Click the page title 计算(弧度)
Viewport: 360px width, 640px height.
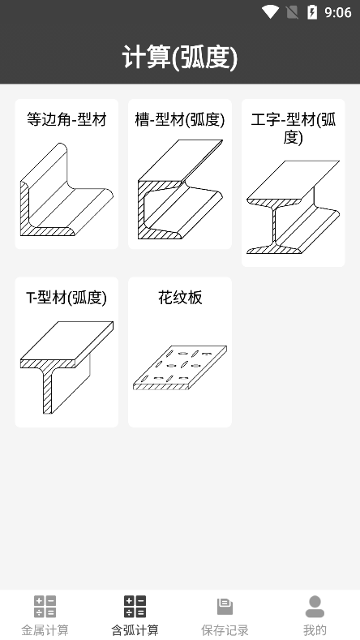[180, 57]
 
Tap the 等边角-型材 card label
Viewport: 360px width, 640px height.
[66, 119]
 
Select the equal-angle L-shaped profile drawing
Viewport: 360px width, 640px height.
[66, 189]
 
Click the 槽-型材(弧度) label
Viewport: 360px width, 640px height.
[180, 119]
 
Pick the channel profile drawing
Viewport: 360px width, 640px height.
[180, 189]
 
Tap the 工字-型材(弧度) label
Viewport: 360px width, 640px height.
[293, 128]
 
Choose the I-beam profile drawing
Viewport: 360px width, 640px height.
[293, 207]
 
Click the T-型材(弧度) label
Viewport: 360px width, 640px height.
[66, 298]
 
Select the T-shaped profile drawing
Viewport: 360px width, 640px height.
[66, 367]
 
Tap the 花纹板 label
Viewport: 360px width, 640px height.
[180, 298]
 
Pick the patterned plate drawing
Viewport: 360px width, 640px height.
[180, 367]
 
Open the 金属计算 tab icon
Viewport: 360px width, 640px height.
[45, 607]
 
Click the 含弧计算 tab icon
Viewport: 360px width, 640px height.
[135, 607]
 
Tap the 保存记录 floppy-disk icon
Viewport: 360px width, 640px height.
[225, 607]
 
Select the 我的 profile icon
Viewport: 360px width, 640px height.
[315, 607]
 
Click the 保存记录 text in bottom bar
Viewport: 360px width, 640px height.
[225, 629]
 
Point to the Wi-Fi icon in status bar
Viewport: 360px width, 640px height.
[270, 12]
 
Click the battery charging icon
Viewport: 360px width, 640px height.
[312, 12]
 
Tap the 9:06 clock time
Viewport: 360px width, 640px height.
[338, 13]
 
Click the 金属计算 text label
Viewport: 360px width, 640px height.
[45, 629]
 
